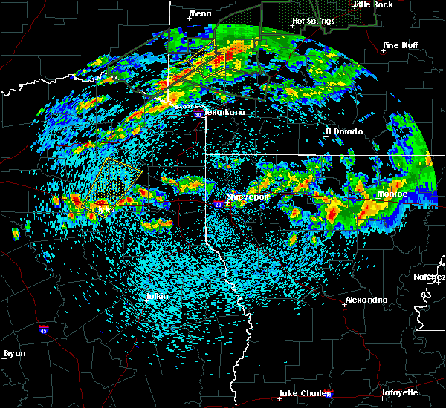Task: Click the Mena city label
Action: coord(200,13)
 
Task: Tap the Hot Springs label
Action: coord(310,21)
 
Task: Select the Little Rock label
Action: coord(373,4)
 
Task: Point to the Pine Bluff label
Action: coord(400,46)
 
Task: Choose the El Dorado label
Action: coord(344,131)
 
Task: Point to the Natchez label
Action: coord(430,277)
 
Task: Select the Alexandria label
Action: coord(366,300)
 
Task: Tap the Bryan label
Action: coord(14,353)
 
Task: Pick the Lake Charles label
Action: coord(302,393)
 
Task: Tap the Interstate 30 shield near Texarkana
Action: coord(198,114)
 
